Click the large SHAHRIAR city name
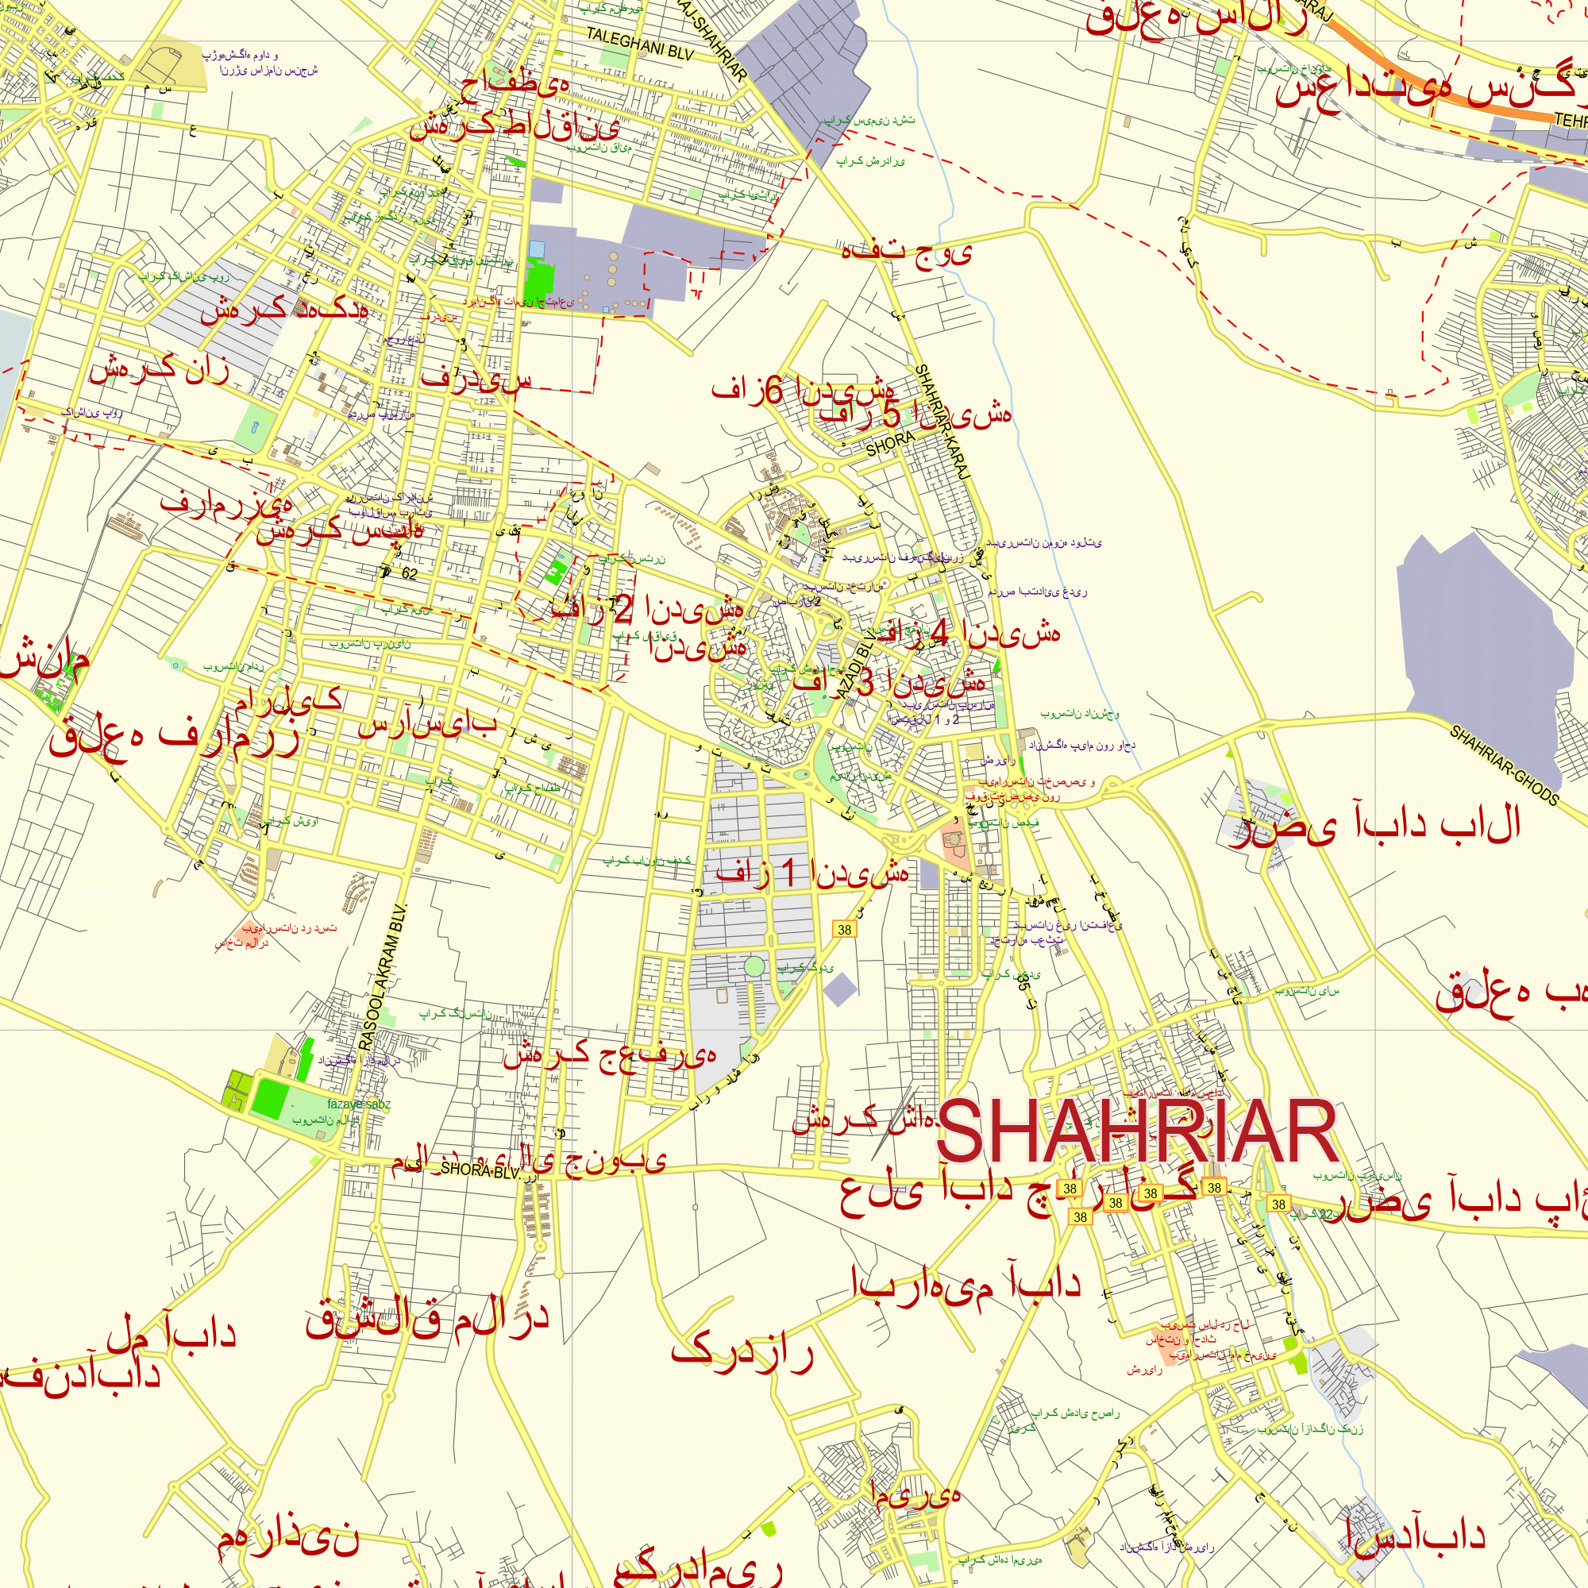pos(1139,1133)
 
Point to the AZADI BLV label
pos(857,666)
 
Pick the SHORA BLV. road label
pos(480,1169)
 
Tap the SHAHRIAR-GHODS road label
pos(1503,765)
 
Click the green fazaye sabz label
pos(358,1104)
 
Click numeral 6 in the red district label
pos(773,391)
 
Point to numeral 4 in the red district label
pos(939,633)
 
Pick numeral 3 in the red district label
pos(865,682)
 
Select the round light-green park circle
pos(754,966)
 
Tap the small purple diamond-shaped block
pos(840,989)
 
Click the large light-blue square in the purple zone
pos(537,249)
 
